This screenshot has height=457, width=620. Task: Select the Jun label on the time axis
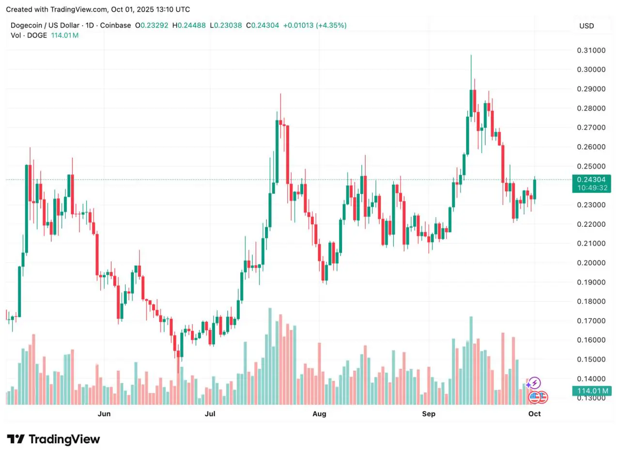pos(104,414)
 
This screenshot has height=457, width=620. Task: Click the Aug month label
pos(319,414)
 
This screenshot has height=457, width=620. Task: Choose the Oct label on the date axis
pos(534,414)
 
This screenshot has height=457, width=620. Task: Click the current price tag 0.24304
pos(590,179)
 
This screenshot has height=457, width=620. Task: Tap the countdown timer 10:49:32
pos(590,188)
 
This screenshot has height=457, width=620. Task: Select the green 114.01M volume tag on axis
pos(590,391)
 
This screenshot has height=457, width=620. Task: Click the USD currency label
pos(587,26)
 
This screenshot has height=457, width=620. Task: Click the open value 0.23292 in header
pos(155,25)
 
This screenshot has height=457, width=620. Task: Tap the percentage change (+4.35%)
pos(331,25)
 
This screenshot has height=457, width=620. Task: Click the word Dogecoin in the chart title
pos(27,25)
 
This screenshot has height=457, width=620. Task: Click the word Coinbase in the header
pos(114,25)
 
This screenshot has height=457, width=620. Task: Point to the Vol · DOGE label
pos(29,35)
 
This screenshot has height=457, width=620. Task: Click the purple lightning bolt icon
pos(534,383)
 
